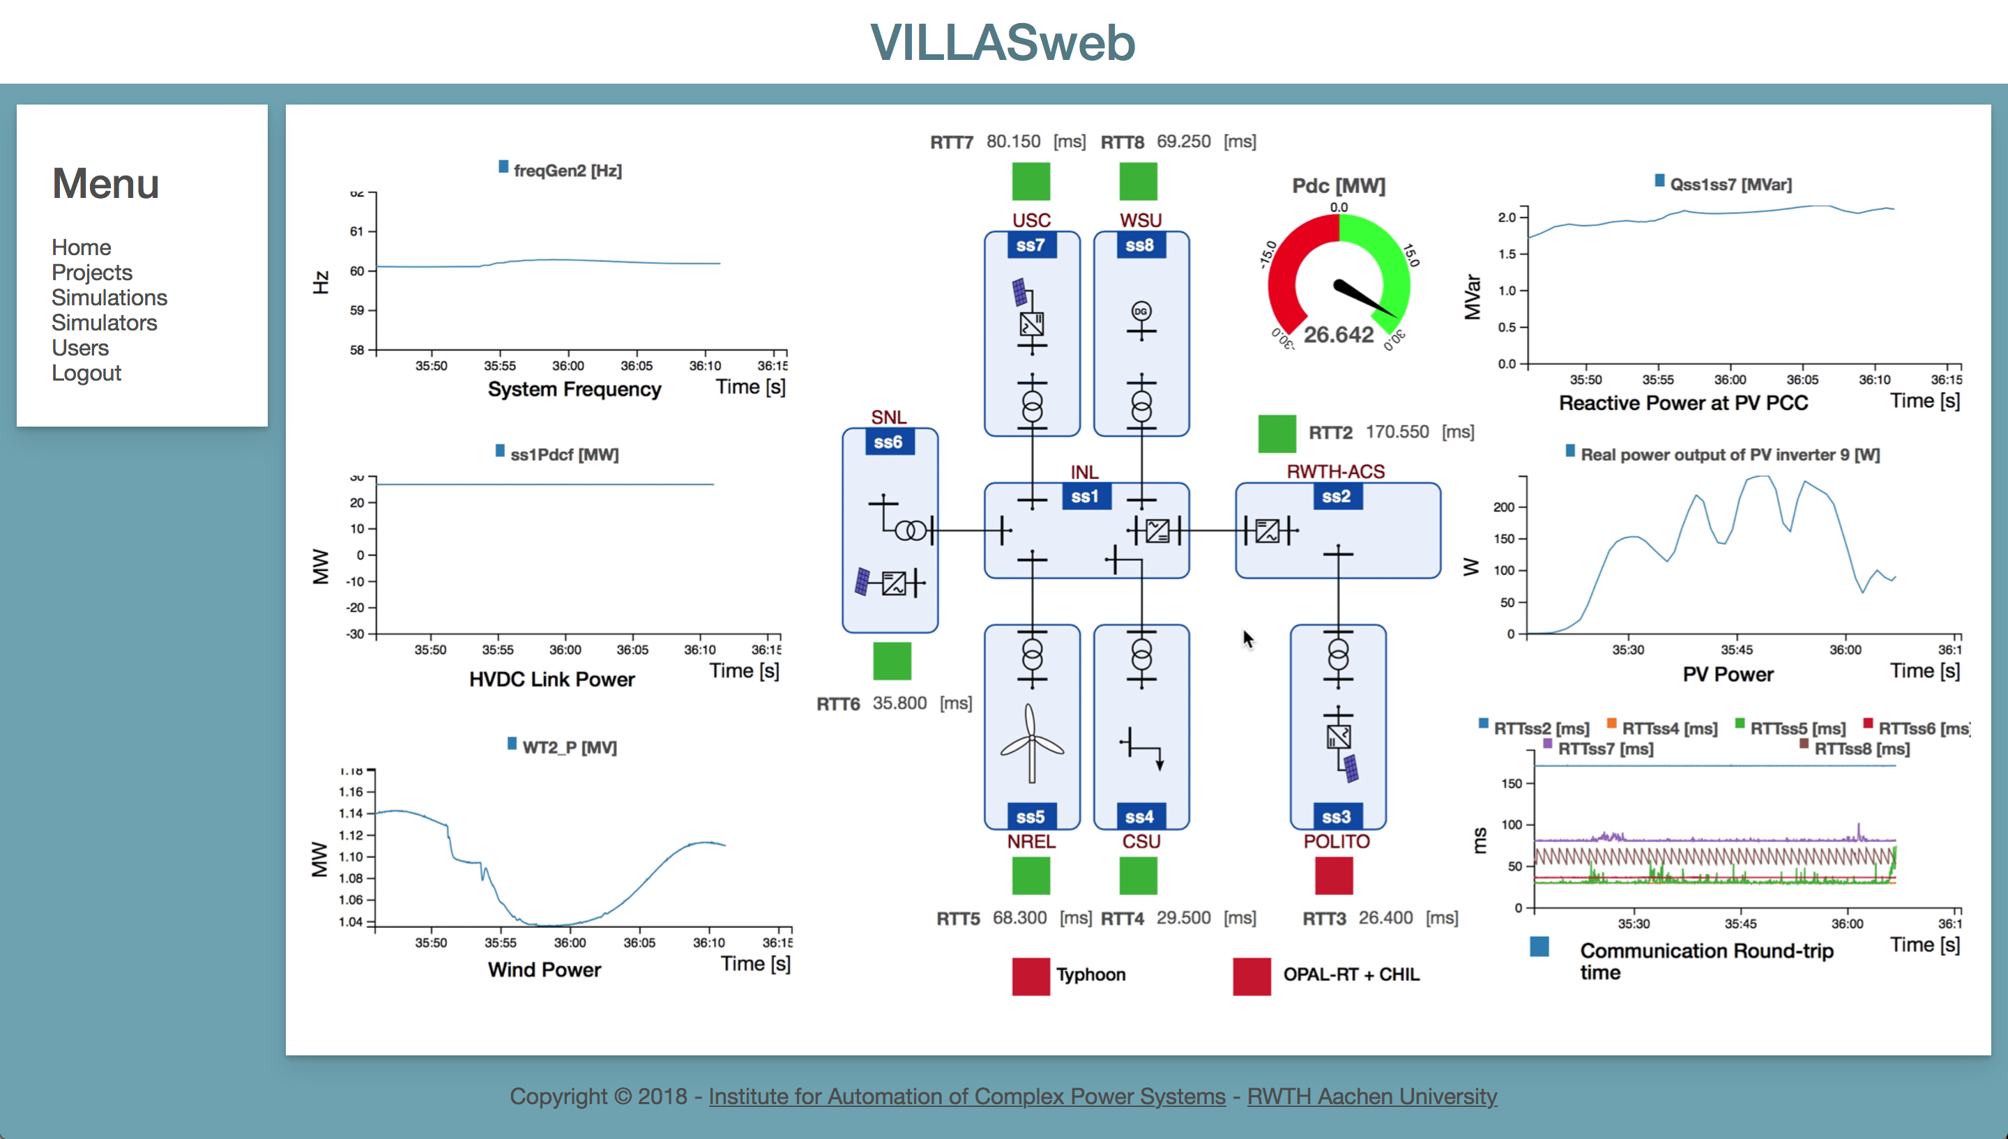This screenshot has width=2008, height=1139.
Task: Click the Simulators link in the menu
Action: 104,322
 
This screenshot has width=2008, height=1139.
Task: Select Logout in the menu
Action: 86,373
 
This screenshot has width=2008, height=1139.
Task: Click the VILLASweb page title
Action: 1003,43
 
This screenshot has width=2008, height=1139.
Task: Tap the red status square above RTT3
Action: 1334,876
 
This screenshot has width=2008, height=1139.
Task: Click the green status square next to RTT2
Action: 1277,434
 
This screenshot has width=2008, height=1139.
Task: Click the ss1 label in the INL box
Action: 1085,496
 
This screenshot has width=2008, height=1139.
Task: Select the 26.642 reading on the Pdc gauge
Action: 1339,335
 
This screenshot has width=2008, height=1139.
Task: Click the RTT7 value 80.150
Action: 1013,142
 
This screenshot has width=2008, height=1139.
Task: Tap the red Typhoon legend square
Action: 1031,975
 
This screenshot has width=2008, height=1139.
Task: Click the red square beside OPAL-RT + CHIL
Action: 1252,975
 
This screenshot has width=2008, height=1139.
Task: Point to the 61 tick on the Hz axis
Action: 357,231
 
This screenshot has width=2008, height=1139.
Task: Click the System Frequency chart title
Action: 574,390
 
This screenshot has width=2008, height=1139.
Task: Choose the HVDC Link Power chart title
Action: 552,679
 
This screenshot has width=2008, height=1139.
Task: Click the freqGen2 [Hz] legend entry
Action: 560,170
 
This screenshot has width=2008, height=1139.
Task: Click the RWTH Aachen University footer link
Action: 1372,1096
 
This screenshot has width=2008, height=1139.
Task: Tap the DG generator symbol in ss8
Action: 1141,312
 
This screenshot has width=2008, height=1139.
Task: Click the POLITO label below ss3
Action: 1336,842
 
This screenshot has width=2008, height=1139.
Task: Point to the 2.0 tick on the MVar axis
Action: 1507,217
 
